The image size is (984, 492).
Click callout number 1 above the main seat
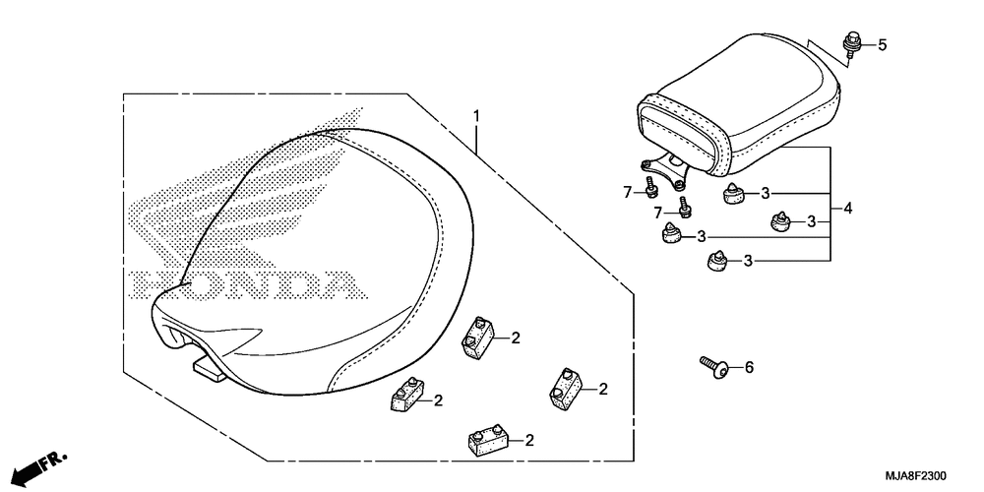476,116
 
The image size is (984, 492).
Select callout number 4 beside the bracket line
848,208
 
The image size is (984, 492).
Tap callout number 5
883,44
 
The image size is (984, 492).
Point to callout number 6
749,367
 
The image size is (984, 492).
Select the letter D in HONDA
287,284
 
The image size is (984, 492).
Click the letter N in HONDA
241,284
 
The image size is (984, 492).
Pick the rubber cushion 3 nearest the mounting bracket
732,193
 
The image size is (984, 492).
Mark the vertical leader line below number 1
476,141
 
